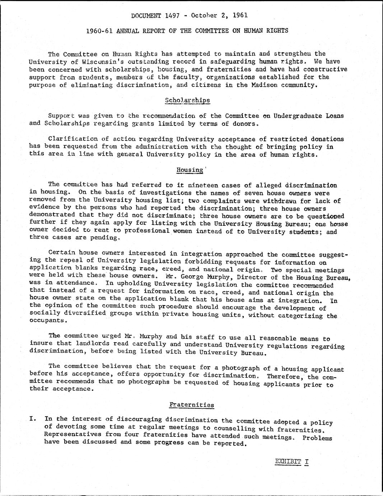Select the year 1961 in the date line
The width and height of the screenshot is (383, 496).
(240, 15)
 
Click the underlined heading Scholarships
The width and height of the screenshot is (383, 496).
(187, 100)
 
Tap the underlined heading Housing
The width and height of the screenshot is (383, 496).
(190, 170)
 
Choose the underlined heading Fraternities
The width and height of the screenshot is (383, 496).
(192, 405)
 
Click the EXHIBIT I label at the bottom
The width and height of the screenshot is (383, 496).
(291, 461)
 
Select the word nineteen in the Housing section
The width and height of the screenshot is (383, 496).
(204, 185)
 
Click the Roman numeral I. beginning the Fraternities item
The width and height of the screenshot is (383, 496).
(33, 419)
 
